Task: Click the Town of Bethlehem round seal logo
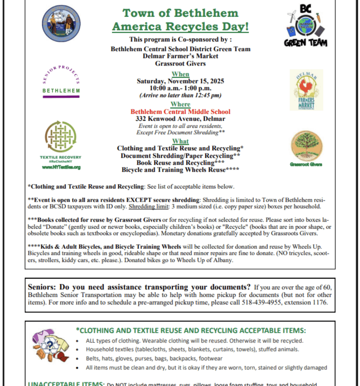tap(61, 23)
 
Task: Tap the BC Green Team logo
tap(306, 26)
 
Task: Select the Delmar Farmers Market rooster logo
tap(306, 90)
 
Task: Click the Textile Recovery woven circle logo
tap(61, 136)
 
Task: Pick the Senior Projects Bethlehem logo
tap(61, 81)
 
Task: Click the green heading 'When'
tap(180, 74)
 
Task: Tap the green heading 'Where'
tap(180, 104)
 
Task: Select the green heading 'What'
tap(180, 141)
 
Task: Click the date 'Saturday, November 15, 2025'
tap(180, 81)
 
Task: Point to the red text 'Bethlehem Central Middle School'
tap(180, 112)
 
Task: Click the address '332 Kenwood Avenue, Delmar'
tap(180, 119)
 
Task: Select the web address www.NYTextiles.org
tap(61, 167)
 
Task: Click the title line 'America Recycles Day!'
tap(180, 27)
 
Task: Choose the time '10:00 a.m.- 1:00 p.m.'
tap(180, 88)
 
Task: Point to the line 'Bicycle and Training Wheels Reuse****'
tap(180, 170)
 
